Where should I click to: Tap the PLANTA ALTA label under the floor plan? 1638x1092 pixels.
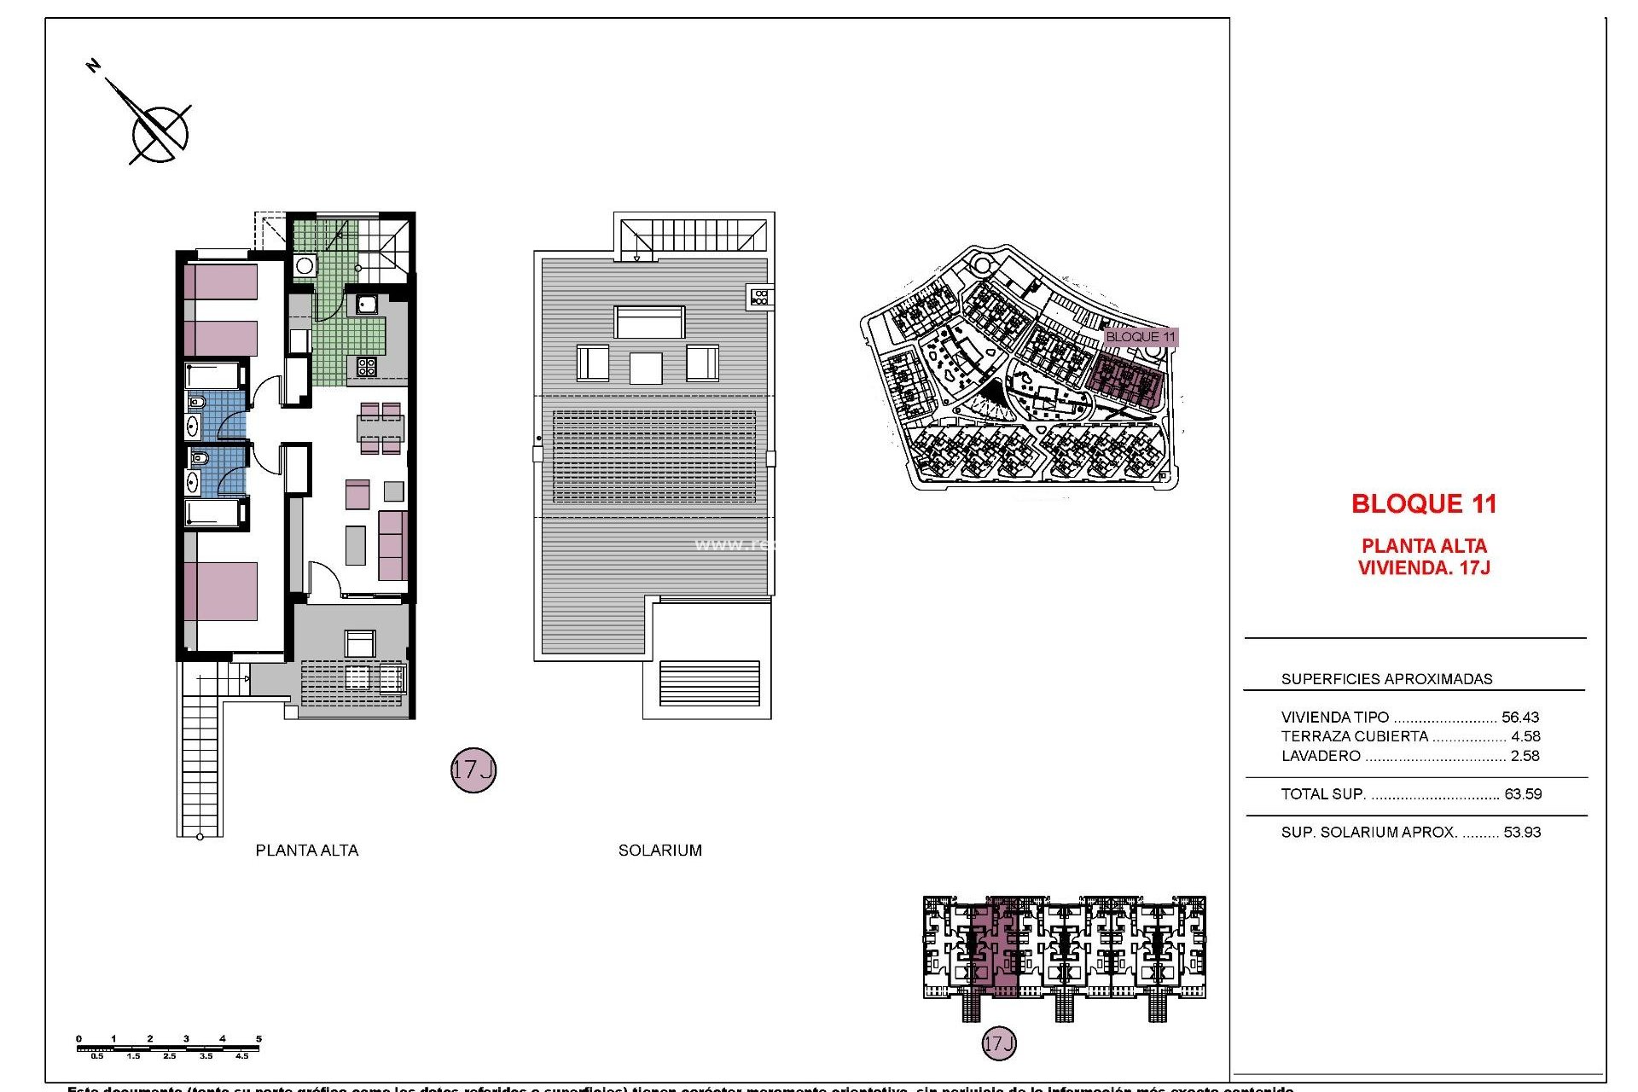pyautogui.click(x=307, y=851)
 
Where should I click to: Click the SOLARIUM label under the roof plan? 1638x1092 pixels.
pyautogui.click(x=660, y=851)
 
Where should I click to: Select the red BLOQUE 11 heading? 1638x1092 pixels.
pyautogui.click(x=1424, y=504)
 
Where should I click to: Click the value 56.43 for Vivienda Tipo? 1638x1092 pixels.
pyautogui.click(x=1520, y=717)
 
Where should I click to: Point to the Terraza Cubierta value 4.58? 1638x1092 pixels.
pyautogui.click(x=1525, y=736)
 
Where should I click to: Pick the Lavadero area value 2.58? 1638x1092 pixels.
pyautogui.click(x=1525, y=756)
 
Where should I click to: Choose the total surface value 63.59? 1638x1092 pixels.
pyautogui.click(x=1523, y=794)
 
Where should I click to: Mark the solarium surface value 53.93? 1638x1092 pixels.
pyautogui.click(x=1523, y=833)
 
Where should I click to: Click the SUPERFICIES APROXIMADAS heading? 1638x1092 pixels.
pyautogui.click(x=1386, y=679)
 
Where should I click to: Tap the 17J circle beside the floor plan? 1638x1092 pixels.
pyautogui.click(x=473, y=770)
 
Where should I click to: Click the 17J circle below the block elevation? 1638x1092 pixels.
pyautogui.click(x=999, y=1043)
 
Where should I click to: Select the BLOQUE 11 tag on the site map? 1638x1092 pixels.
pyautogui.click(x=1140, y=337)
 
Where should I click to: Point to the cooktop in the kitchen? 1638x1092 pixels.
pyautogui.click(x=367, y=367)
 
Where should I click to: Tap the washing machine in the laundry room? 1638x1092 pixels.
pyautogui.click(x=305, y=266)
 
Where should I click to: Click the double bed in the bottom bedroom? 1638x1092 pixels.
pyautogui.click(x=221, y=590)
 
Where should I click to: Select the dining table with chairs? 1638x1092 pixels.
pyautogui.click(x=380, y=428)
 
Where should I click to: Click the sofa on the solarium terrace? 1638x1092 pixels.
pyautogui.click(x=649, y=322)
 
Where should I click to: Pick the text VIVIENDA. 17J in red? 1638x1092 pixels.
pyautogui.click(x=1424, y=568)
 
